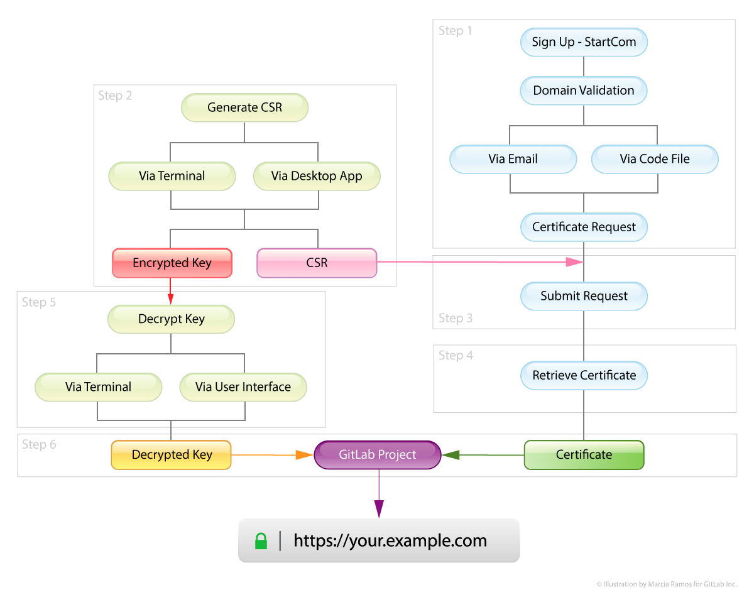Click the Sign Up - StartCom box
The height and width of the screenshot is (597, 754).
pos(584,42)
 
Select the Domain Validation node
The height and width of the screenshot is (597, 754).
pos(584,90)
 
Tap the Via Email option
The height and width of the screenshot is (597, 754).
pos(513,159)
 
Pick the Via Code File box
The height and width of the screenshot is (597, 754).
pos(655,159)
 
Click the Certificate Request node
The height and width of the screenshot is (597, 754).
pos(584,227)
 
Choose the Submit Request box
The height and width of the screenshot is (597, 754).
pos(584,296)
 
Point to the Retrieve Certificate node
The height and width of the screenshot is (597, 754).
pos(584,375)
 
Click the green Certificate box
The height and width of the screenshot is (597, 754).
pos(584,454)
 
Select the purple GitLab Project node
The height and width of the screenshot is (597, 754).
pos(378,454)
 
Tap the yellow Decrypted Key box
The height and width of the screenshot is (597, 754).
pos(172,454)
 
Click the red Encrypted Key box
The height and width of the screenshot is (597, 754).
pos(172,263)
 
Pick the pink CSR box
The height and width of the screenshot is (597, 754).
pos(317,263)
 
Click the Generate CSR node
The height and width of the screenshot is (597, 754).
pos(244,107)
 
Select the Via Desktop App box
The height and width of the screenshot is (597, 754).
pos(317,176)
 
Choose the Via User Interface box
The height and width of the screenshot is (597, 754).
pos(243,387)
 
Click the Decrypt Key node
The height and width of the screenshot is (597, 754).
pos(171,319)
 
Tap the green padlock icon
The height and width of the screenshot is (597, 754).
pos(261,540)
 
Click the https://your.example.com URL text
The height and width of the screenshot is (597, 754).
pos(390,540)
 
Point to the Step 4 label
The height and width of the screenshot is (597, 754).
pos(456,356)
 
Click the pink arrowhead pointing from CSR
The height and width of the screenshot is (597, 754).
pos(574,262)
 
